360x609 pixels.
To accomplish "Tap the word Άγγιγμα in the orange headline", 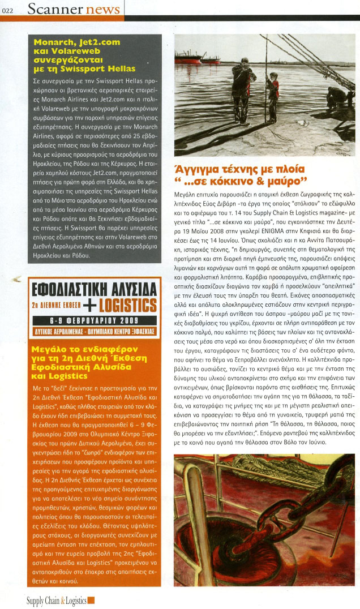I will click(199, 169).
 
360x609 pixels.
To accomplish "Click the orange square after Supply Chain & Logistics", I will click(91, 601).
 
